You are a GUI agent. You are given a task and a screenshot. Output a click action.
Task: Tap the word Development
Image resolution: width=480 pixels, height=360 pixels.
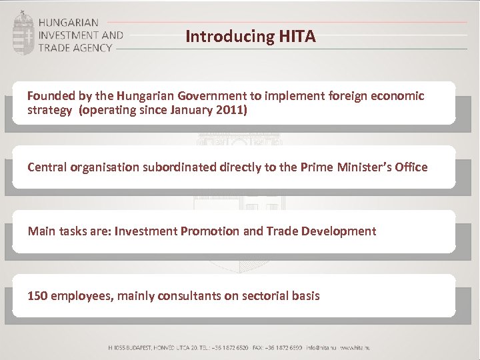click(338, 231)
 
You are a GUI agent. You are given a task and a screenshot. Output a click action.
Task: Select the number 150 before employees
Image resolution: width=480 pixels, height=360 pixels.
click(37, 295)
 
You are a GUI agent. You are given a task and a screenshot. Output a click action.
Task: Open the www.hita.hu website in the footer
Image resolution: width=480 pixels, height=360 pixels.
click(355, 348)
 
